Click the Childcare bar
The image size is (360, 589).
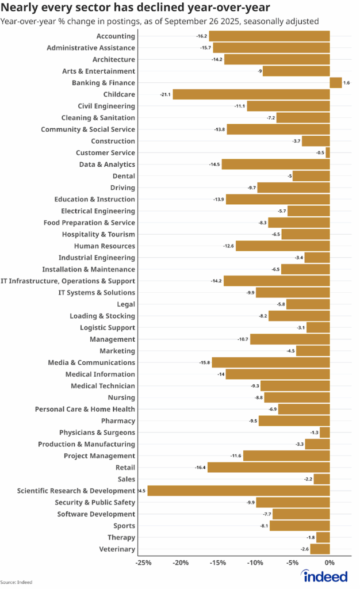[251, 94]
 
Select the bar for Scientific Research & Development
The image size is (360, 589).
[239, 491]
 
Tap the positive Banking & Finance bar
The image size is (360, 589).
[335, 83]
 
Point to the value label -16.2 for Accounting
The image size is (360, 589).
[201, 36]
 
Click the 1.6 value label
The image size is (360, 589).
[346, 83]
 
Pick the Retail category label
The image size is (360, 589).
[125, 468]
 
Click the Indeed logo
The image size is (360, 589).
[325, 576]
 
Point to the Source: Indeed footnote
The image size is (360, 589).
[16, 582]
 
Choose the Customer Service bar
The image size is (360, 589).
[328, 152]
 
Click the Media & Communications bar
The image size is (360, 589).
[271, 362]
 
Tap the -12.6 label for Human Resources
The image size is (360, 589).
[229, 246]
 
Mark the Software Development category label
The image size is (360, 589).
[96, 514]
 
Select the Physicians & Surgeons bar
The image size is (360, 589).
[325, 433]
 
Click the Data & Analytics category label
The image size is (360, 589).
[107, 165]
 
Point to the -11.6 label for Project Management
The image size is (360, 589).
[236, 456]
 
